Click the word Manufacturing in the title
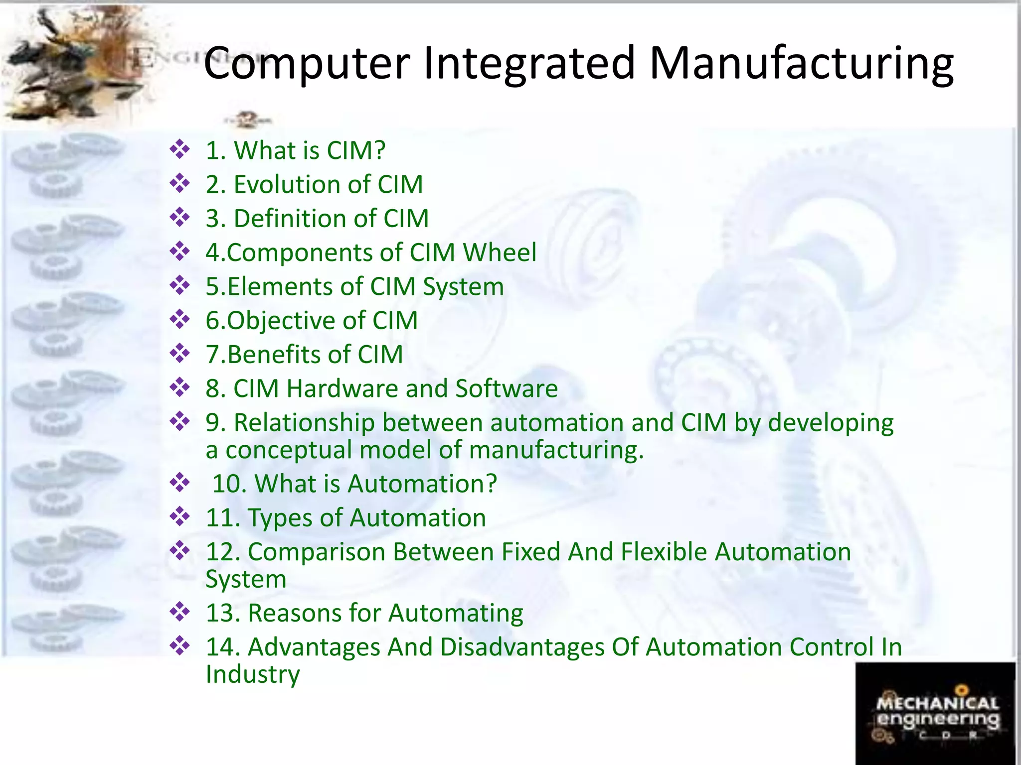(802, 63)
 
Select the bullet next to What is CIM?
(179, 149)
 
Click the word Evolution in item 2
(287, 185)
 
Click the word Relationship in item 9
(304, 423)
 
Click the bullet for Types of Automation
(179, 516)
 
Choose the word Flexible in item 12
(661, 552)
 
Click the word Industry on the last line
(253, 674)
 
